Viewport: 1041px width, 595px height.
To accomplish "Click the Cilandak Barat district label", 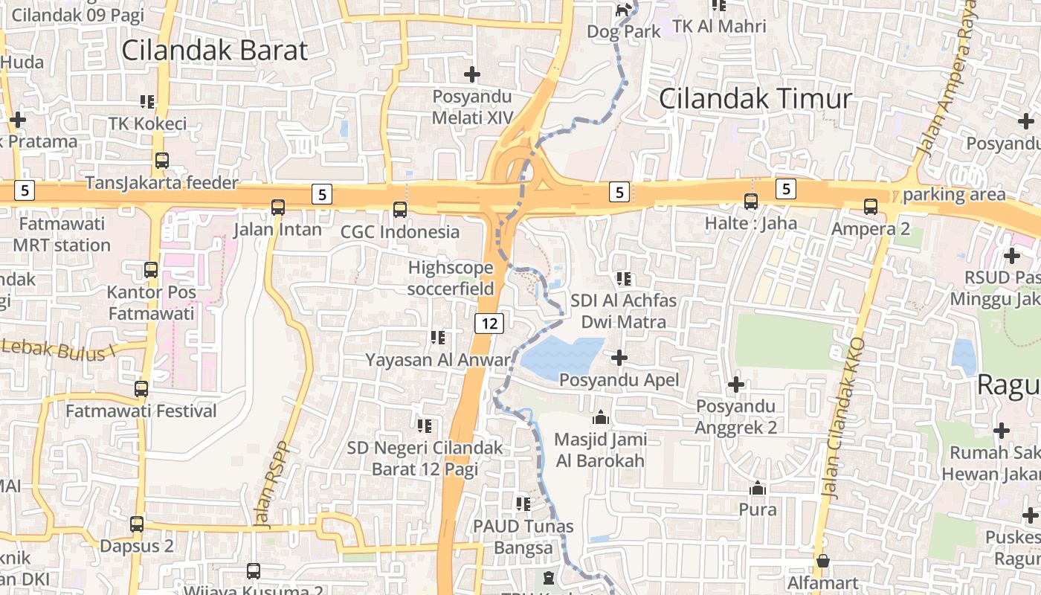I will click(x=214, y=51).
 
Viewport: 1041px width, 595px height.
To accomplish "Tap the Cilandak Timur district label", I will click(x=755, y=99).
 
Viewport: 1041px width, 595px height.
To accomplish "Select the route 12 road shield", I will click(x=489, y=323).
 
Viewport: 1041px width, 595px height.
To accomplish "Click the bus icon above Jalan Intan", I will click(x=278, y=208).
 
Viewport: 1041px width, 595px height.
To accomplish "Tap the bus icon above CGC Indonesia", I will click(x=400, y=210).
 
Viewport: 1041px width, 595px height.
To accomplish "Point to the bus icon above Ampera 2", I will click(x=871, y=207).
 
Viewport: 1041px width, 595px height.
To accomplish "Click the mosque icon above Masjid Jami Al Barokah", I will click(x=601, y=418).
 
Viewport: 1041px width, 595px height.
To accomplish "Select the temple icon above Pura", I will click(x=758, y=488).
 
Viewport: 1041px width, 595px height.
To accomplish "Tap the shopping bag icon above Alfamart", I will click(x=822, y=561).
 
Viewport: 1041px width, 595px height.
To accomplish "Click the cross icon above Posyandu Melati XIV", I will click(x=472, y=74).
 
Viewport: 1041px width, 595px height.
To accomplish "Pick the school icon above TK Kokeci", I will click(x=147, y=101).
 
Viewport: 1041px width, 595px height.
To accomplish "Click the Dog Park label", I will click(x=624, y=32).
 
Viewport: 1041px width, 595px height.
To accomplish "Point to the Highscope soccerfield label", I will click(x=451, y=278).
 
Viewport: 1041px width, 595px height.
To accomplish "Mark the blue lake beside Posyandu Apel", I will click(x=560, y=358).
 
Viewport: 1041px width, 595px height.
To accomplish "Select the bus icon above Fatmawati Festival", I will click(x=141, y=388).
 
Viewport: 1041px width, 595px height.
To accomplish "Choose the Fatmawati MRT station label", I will click(x=62, y=234).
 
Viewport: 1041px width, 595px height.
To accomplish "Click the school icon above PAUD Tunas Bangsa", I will click(x=523, y=504).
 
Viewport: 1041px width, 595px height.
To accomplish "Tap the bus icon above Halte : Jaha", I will click(x=751, y=201).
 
